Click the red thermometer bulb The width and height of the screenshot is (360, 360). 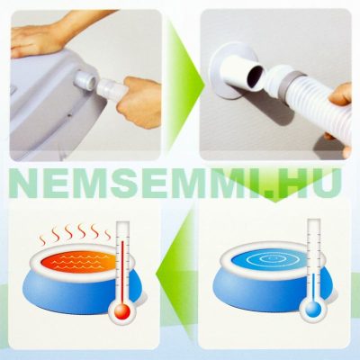[x=122, y=311]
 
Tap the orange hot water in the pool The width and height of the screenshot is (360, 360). [x=77, y=261]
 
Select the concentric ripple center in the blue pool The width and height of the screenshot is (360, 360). [x=270, y=258]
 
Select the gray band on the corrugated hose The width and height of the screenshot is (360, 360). [x=288, y=85]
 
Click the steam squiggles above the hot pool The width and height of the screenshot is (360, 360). [x=76, y=233]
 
